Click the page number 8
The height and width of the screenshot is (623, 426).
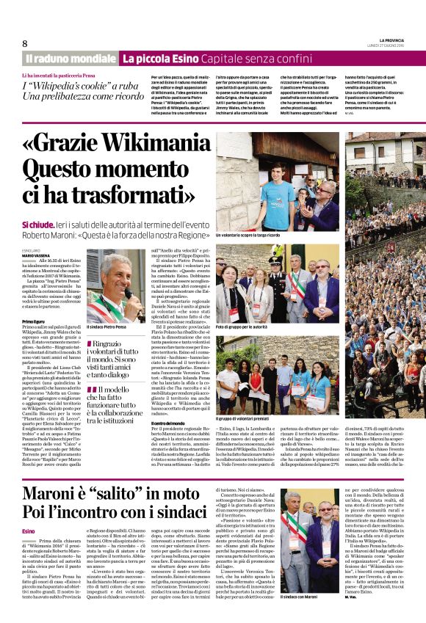[25, 43]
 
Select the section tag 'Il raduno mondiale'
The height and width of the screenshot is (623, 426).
[71, 58]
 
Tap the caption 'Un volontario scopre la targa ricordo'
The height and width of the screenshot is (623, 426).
[248, 235]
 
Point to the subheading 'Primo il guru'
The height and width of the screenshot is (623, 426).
[35, 321]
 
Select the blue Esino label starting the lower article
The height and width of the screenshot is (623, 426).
[29, 531]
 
